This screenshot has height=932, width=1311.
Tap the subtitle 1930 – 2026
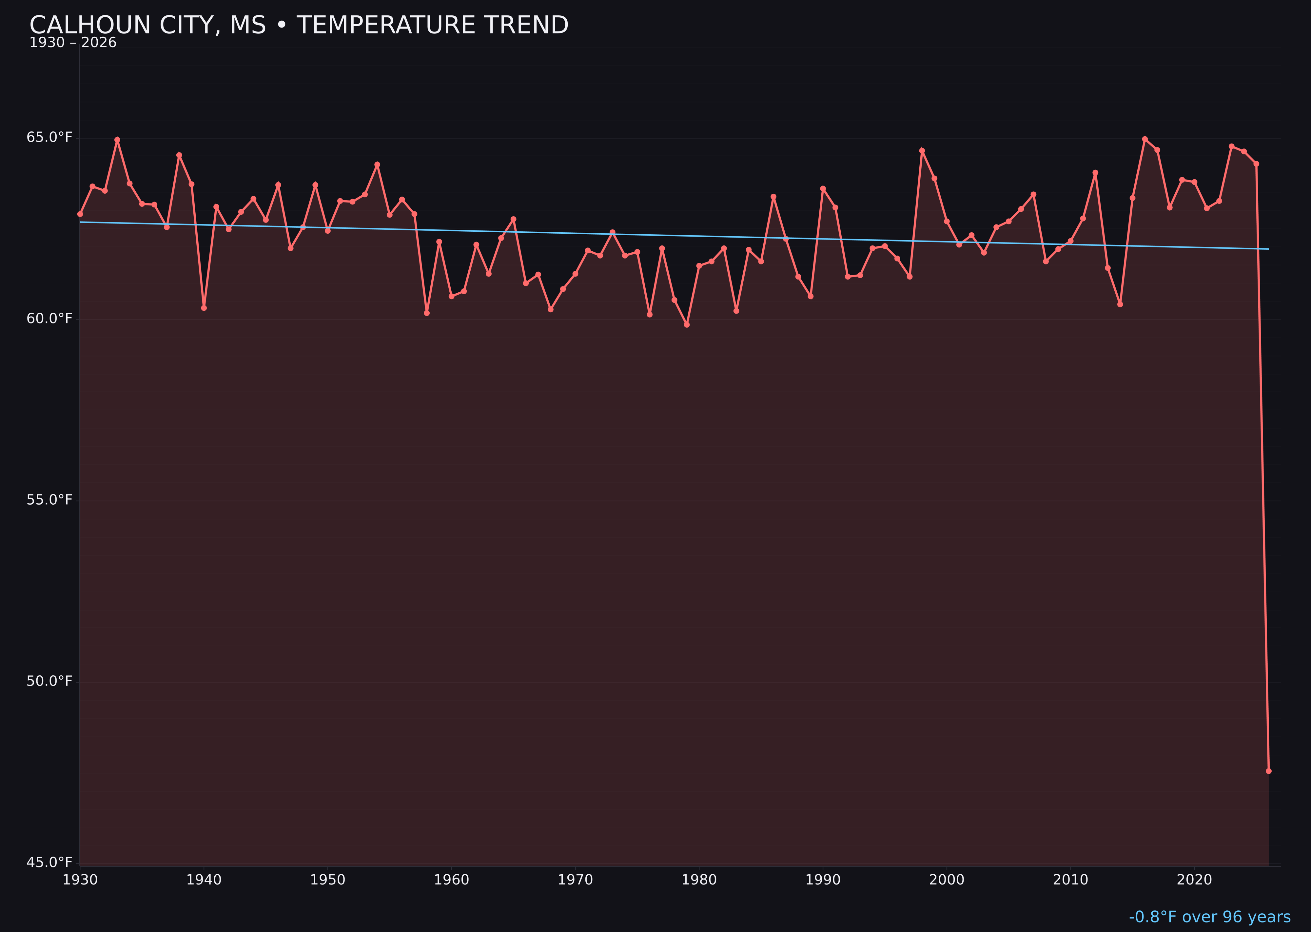point(73,43)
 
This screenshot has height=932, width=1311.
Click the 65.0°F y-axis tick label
point(49,138)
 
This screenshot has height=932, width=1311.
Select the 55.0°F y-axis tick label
point(49,500)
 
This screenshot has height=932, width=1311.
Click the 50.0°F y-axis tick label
point(49,681)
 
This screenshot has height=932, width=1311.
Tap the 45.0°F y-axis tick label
point(49,862)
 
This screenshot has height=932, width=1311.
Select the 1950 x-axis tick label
point(328,880)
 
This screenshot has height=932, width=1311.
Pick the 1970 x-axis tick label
point(575,880)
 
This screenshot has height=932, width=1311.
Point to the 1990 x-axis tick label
point(823,880)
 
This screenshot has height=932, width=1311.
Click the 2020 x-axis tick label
point(1194,880)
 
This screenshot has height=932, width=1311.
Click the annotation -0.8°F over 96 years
point(1209,917)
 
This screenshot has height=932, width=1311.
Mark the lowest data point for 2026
point(1268,771)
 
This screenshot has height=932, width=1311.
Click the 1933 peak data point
point(117,140)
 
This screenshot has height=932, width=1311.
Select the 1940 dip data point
point(204,308)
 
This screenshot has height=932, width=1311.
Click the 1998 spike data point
point(922,151)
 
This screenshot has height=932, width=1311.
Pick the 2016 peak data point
point(1145,139)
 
